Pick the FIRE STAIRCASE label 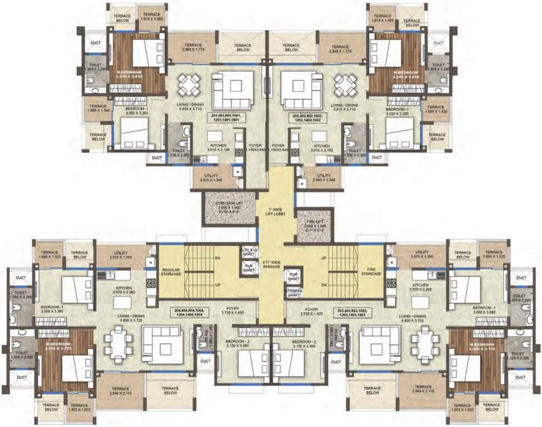[371, 272]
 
